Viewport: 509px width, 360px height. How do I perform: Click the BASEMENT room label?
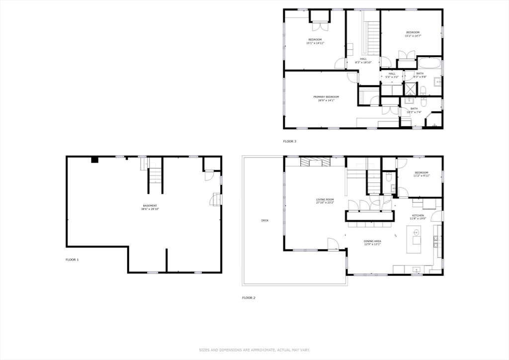pos(150,206)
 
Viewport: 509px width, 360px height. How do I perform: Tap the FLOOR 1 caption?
pos(72,260)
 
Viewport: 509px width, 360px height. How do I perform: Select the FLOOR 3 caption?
pos(290,142)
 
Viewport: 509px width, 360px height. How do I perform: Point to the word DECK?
pos(265,220)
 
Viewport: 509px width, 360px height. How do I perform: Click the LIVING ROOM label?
pos(325,200)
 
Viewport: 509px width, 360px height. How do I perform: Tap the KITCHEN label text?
pos(418,215)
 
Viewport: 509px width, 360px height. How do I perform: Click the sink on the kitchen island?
pos(416,232)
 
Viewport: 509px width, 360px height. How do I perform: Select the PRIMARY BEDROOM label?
pos(326,96)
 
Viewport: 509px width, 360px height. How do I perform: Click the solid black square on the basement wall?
pos(94,160)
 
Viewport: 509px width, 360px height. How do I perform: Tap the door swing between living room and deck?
pos(333,244)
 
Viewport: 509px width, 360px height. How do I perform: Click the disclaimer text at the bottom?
pos(254,350)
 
